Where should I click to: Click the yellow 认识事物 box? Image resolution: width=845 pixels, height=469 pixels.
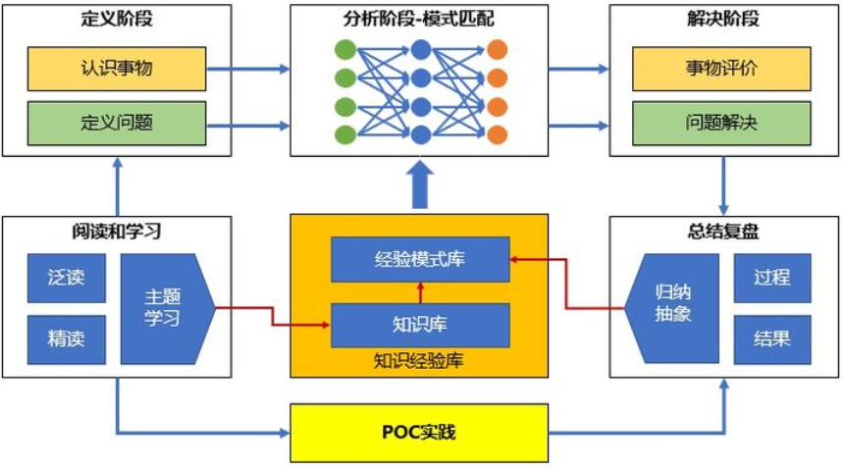117,70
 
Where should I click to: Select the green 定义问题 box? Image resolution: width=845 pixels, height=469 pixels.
117,124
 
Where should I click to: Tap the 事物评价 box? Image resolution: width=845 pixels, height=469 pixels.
720,70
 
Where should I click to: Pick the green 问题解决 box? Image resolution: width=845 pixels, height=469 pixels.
720,124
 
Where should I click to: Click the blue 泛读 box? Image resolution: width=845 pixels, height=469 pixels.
66,278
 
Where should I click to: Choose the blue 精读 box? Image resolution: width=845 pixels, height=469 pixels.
66,339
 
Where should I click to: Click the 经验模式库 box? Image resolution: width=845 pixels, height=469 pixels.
420,259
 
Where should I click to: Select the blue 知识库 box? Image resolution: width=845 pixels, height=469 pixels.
420,325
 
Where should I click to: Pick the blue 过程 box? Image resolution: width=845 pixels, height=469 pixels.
771,278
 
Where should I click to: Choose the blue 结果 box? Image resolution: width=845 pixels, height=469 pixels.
771,339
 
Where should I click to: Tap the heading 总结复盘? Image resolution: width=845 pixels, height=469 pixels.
722,233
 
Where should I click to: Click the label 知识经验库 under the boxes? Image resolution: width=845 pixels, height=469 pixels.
419,361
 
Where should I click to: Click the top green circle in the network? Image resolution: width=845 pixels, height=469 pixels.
345,49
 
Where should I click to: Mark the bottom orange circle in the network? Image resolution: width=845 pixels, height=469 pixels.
497,134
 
